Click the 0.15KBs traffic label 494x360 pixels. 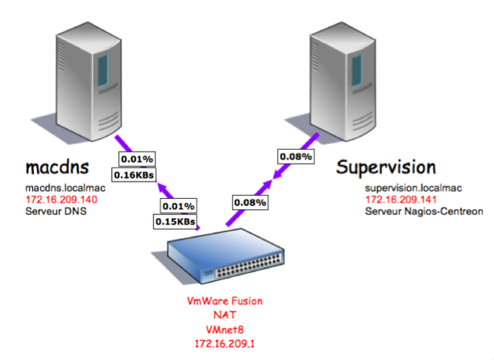click(x=174, y=220)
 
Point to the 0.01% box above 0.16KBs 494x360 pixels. click(x=136, y=158)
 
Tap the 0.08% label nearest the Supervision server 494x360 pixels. click(x=296, y=156)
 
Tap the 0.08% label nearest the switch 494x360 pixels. click(x=251, y=203)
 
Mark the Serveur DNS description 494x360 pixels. click(x=53, y=210)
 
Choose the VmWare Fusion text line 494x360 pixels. click(x=225, y=300)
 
